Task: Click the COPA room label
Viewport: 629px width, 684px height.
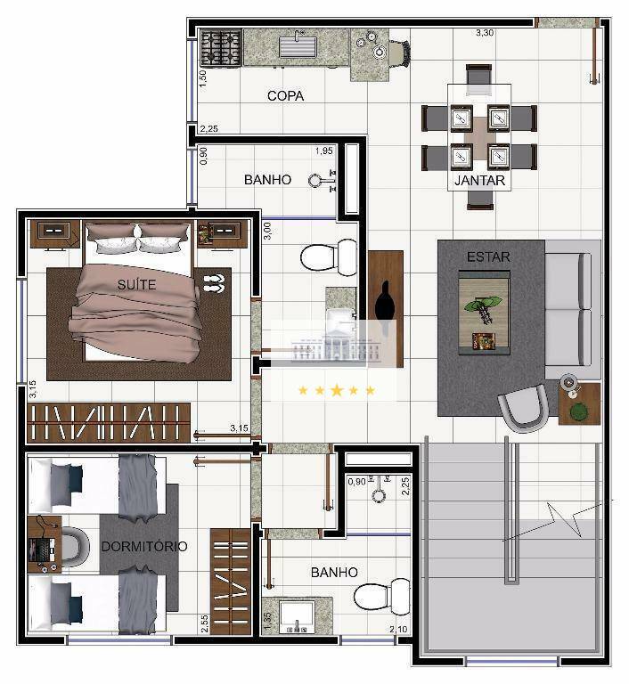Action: tap(285, 95)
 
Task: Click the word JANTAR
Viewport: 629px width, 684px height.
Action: tap(480, 181)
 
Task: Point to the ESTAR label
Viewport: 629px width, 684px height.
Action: tap(488, 257)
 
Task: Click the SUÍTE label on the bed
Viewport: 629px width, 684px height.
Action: tap(136, 284)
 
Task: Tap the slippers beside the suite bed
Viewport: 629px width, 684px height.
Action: tap(215, 283)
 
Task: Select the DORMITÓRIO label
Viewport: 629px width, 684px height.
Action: tap(143, 546)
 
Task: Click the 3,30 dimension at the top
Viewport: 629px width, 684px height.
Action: tap(484, 33)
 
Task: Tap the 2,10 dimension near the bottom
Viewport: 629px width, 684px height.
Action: tap(398, 631)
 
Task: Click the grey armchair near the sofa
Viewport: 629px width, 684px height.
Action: tap(523, 409)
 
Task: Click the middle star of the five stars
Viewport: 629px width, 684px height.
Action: tap(336, 390)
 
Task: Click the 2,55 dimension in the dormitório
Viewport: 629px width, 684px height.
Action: tap(205, 623)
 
